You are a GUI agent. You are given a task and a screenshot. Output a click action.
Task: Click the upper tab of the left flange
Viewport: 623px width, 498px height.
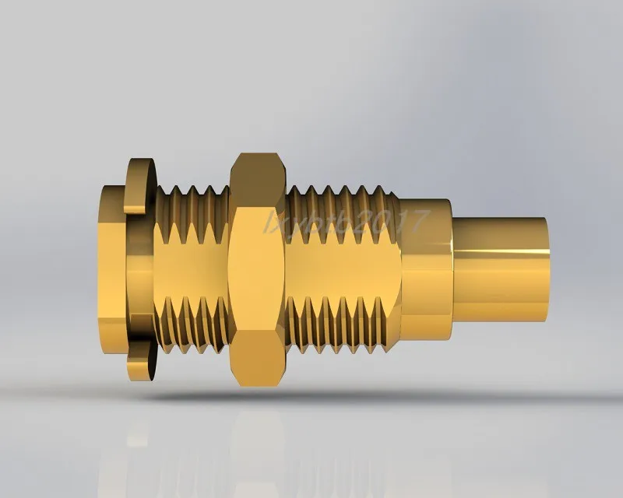point(141,184)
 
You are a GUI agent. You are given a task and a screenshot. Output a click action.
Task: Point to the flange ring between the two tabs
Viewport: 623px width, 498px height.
point(140,272)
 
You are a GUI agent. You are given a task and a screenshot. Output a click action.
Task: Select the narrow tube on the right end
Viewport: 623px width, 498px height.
point(498,268)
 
